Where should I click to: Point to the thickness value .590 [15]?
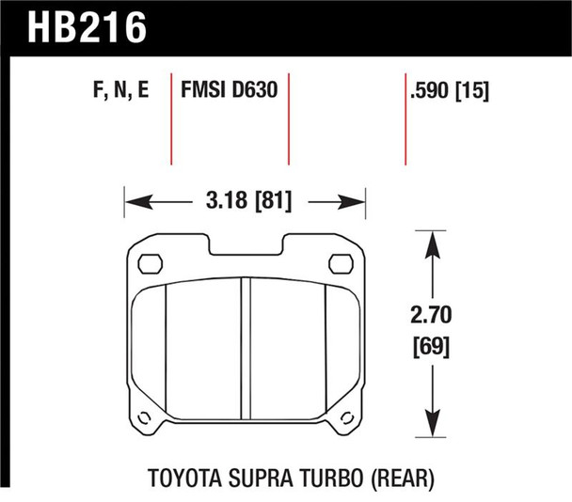pyautogui.click(x=451, y=91)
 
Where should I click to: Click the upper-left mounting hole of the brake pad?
pyautogui.click(x=148, y=262)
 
